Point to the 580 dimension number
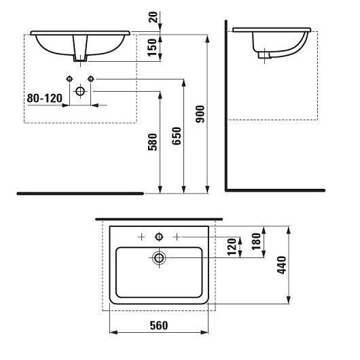click(x=153, y=141)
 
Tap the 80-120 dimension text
click(x=45, y=98)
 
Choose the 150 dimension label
click(x=153, y=46)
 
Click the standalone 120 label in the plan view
click(x=232, y=247)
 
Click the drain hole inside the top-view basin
click(x=159, y=258)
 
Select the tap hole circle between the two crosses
click(x=159, y=236)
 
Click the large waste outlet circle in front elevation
click(x=80, y=91)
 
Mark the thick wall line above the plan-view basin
click(x=159, y=219)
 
